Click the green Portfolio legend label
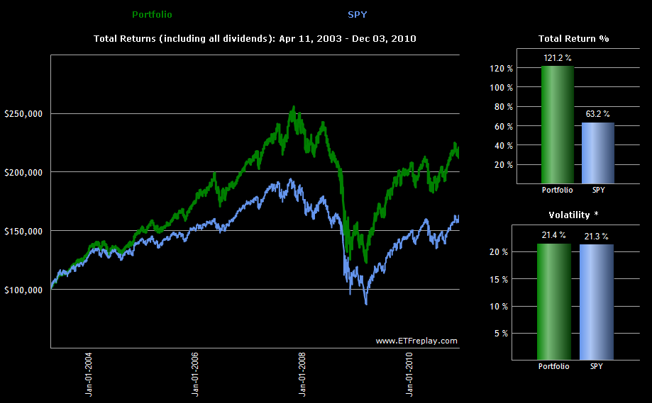152,14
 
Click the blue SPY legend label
358,14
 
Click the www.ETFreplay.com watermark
416,341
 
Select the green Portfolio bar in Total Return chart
557,125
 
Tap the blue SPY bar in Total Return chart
597,153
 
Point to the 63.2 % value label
597,113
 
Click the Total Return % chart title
574,38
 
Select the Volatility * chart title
574,214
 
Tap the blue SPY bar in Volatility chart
597,302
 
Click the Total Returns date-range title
255,38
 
